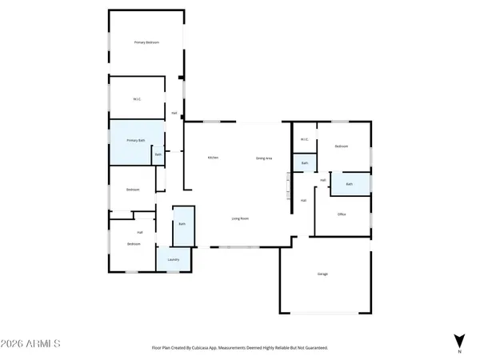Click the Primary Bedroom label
click(x=146, y=42)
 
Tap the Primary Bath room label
click(x=136, y=141)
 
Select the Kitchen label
click(x=213, y=158)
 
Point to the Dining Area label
click(x=264, y=158)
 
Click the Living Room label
click(x=240, y=218)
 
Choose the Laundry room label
click(x=173, y=260)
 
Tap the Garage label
click(x=323, y=274)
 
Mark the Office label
click(x=342, y=214)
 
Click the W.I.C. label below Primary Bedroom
click(x=137, y=99)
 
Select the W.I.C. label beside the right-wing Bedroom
click(x=304, y=140)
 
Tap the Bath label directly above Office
click(x=350, y=185)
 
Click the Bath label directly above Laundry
click(x=182, y=224)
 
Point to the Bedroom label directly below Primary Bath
click(x=133, y=190)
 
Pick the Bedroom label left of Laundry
click(x=133, y=244)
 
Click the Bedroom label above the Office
click(x=342, y=147)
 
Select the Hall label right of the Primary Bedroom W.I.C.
click(x=174, y=113)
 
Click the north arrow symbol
click(x=459, y=339)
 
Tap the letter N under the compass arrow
click(x=459, y=351)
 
